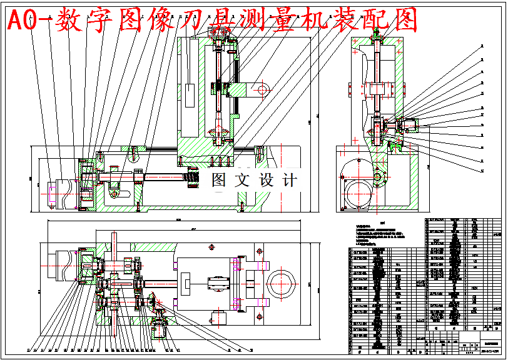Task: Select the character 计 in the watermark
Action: (x=289, y=181)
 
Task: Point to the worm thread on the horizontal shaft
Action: (x=190, y=180)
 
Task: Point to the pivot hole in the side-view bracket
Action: (x=378, y=177)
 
